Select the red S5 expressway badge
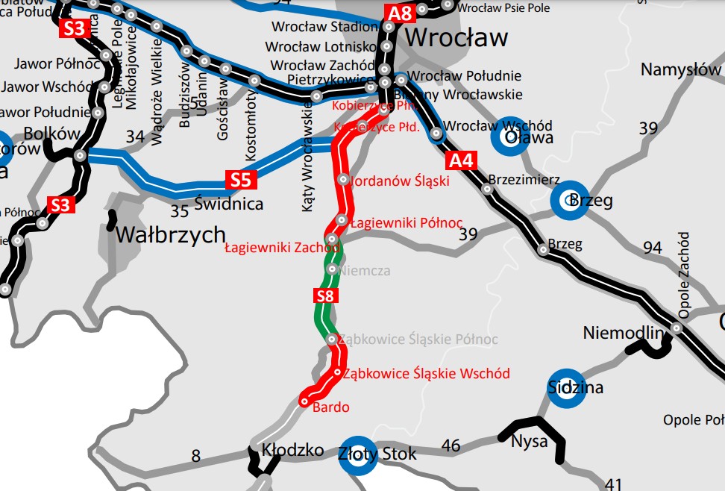pyautogui.click(x=240, y=181)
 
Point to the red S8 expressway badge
pyautogui.click(x=324, y=296)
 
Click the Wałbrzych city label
pyautogui.click(x=170, y=235)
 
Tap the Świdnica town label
pyautogui.click(x=229, y=203)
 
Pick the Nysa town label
pyautogui.click(x=529, y=440)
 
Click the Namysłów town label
pyautogui.click(x=681, y=70)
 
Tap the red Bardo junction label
pyautogui.click(x=331, y=407)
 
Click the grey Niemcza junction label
pyautogui.click(x=365, y=271)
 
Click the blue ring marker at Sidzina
pyautogui.click(x=568, y=389)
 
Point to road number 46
pyautogui.click(x=451, y=446)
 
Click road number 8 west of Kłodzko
pyautogui.click(x=195, y=455)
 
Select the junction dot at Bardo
pyautogui.click(x=304, y=401)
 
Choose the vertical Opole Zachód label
pyautogui.click(x=685, y=275)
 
